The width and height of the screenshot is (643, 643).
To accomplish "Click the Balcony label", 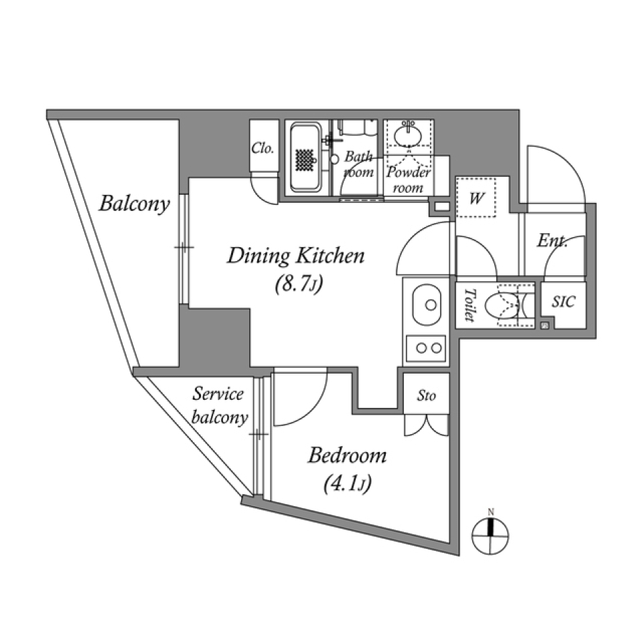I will (134, 203).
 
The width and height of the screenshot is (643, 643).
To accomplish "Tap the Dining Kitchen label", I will (295, 256).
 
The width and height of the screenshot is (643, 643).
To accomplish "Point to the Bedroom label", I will (347, 456).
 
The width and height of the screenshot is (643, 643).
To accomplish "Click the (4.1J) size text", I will (347, 483).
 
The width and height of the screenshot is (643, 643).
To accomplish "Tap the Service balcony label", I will (219, 405).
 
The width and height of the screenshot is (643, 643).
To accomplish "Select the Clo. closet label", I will (263, 148).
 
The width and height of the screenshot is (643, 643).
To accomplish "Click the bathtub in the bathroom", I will (306, 157).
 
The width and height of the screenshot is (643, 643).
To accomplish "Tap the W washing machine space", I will (477, 198).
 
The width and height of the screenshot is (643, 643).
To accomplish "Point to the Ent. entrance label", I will (553, 241).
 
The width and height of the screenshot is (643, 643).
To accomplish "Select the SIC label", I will (563, 302).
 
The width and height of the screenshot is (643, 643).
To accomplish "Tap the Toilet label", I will (469, 305).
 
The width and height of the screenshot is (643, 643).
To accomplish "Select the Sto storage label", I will (426, 396).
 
